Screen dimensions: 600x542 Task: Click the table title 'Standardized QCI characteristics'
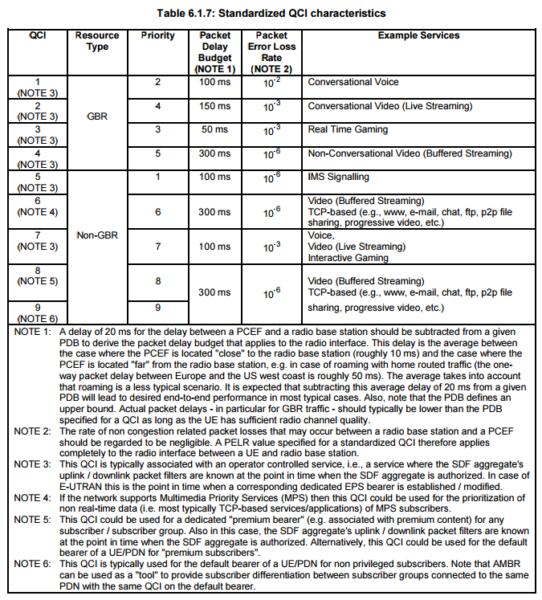(x=271, y=14)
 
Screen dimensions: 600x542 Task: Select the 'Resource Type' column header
(x=96, y=42)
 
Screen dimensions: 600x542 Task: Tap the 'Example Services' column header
(x=418, y=36)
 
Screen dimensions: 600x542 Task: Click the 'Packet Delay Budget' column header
(x=214, y=53)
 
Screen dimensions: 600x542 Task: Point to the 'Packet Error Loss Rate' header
(x=272, y=53)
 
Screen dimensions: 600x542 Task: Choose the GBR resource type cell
(x=96, y=116)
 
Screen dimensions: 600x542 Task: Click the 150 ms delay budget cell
(x=214, y=106)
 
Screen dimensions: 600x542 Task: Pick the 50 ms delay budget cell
(x=214, y=129)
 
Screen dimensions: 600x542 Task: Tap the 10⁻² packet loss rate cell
(x=272, y=83)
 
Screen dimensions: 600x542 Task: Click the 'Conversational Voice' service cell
(x=353, y=83)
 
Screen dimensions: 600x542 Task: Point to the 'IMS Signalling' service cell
(x=339, y=176)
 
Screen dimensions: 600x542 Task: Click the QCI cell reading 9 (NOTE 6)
(x=38, y=312)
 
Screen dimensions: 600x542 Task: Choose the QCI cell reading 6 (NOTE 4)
(x=38, y=206)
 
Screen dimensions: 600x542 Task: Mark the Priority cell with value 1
(x=158, y=176)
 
